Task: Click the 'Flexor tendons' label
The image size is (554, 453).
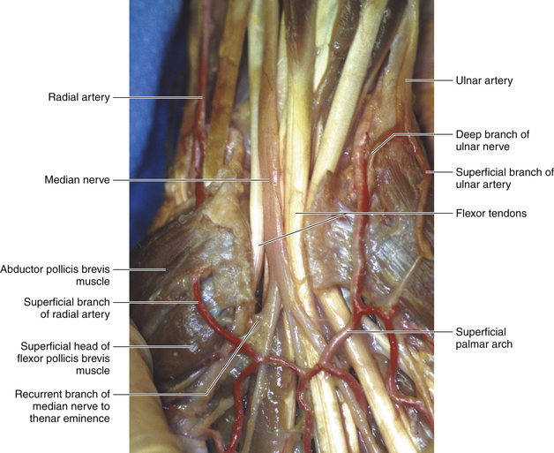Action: click(x=489, y=213)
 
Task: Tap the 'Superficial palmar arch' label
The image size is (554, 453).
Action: click(x=490, y=338)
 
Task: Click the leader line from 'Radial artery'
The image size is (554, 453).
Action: click(x=159, y=97)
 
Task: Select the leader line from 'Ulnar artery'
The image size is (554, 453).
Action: click(x=428, y=80)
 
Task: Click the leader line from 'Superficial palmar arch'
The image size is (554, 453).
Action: click(x=406, y=331)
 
